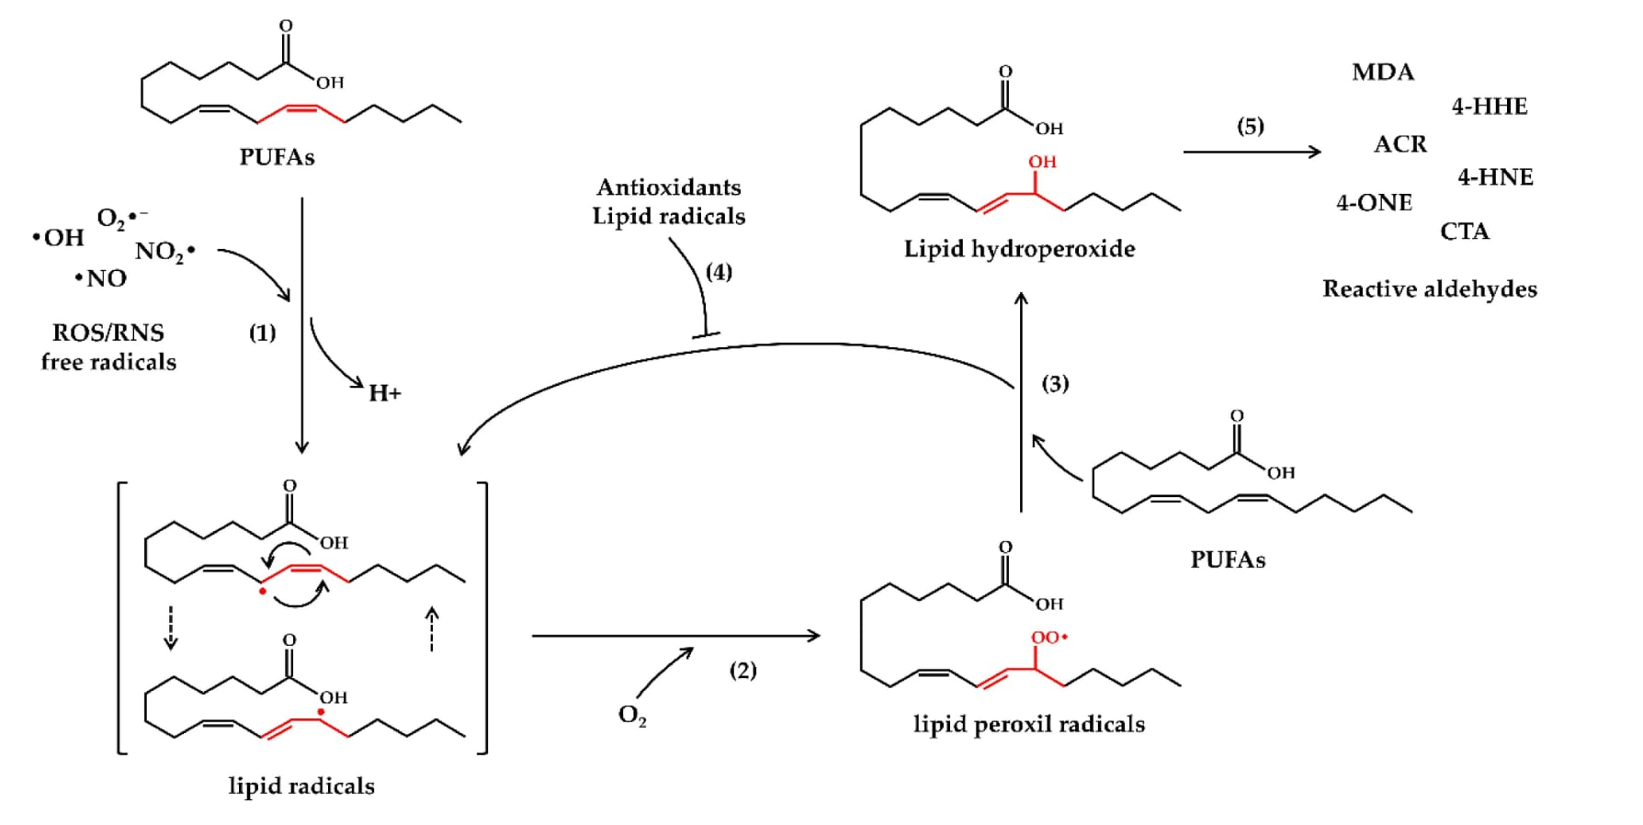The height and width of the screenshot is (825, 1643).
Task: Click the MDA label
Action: pos(1383,72)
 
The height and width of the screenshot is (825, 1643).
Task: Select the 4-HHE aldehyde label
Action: pos(1490,107)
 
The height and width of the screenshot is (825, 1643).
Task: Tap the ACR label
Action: pos(1400,144)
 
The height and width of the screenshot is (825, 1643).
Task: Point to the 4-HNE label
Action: pos(1495,176)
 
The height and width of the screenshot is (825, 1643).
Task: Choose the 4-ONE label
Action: pos(1374,202)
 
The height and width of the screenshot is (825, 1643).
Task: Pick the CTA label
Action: pos(1465,231)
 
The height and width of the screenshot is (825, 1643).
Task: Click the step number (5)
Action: pos(1251,126)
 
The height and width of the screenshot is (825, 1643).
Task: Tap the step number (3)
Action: pos(1055,383)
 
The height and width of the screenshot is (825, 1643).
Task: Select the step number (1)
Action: pos(263,333)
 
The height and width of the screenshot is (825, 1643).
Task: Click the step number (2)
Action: pos(743,670)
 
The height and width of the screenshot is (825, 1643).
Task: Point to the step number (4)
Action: pos(719,272)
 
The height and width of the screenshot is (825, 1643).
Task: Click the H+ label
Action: pos(385,393)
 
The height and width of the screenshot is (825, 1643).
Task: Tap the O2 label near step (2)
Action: pos(632,715)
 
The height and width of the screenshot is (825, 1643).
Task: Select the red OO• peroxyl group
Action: pos(1049,637)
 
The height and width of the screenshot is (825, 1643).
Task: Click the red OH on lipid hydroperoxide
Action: pos(1042,162)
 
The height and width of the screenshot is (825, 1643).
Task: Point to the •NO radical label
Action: pos(101,277)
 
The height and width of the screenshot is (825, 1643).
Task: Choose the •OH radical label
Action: pos(58,237)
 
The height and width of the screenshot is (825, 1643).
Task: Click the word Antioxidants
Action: pos(669,186)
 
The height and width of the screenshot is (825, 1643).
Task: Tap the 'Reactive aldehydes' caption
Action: pos(1430,288)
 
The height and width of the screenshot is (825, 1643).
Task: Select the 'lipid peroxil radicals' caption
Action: pos(1029,724)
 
